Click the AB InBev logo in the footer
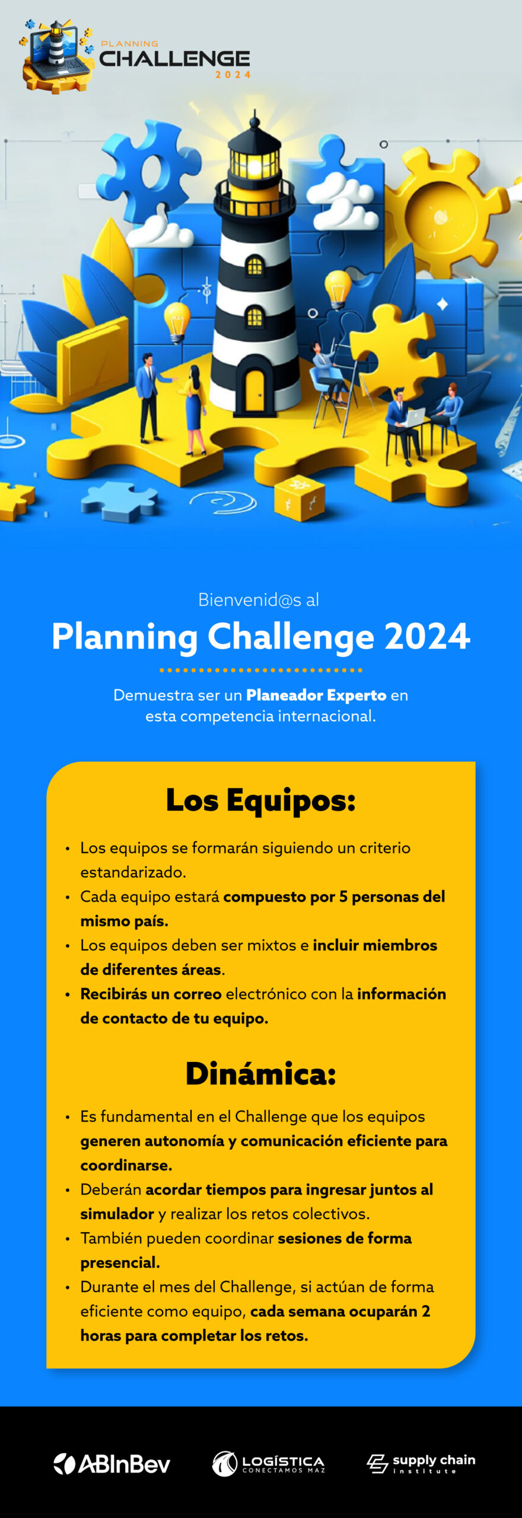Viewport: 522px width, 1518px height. coord(112,1464)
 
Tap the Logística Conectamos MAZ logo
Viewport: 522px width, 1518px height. coord(268,1463)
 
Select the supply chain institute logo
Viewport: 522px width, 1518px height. coord(421,1463)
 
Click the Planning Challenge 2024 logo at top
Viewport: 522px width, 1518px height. coord(135,56)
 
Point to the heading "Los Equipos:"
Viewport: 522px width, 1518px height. coord(261,800)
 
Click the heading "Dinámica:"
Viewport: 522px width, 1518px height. coord(261,1073)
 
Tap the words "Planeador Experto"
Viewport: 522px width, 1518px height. coord(316,695)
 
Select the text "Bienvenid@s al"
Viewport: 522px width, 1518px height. coord(259,599)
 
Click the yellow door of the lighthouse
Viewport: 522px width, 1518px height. coord(254,390)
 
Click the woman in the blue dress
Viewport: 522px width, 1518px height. coord(194,409)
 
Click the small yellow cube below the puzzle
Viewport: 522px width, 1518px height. coord(300,499)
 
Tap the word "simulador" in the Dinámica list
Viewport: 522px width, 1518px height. coord(117,1214)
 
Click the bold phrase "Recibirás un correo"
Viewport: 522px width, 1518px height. coord(151,994)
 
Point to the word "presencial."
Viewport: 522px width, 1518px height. coord(120,1263)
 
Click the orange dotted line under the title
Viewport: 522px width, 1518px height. coord(261,670)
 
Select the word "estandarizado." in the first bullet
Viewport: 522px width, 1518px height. coord(133,872)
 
